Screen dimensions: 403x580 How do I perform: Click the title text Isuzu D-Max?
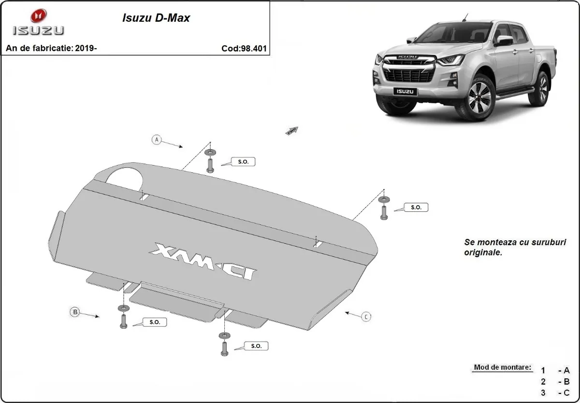(x=155, y=18)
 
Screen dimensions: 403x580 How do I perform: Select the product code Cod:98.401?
(x=244, y=48)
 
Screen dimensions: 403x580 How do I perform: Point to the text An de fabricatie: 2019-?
(x=51, y=48)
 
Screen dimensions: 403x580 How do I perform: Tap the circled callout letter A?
(x=156, y=139)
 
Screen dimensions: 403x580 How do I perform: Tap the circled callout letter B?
(x=75, y=312)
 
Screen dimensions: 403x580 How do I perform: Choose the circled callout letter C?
(x=367, y=317)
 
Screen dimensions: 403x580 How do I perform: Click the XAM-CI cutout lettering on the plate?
(x=203, y=261)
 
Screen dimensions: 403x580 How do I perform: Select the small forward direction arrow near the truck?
(x=292, y=130)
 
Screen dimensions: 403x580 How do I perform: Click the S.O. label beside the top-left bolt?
(x=243, y=162)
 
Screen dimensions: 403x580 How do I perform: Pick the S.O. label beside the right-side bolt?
(x=416, y=207)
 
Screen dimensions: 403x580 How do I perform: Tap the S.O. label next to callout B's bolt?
(x=155, y=322)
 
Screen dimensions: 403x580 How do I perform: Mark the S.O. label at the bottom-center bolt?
(x=256, y=346)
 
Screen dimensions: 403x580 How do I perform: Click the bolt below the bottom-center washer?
(x=224, y=348)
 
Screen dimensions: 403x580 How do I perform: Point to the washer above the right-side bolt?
(x=384, y=199)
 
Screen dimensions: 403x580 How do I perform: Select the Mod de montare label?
(x=502, y=367)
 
